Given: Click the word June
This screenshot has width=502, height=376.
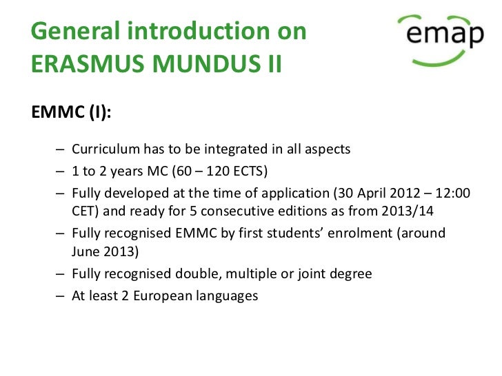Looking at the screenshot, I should click(x=86, y=253).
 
